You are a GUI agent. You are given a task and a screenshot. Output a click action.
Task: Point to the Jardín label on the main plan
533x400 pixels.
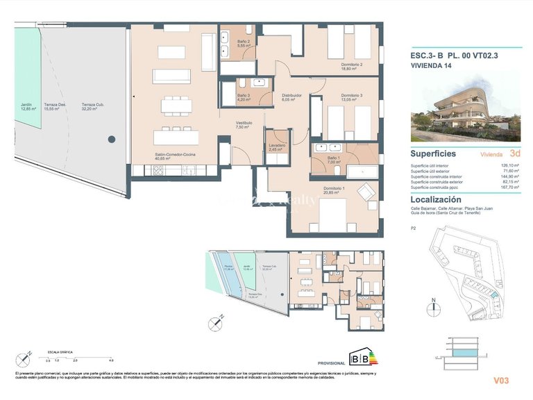click(28, 106)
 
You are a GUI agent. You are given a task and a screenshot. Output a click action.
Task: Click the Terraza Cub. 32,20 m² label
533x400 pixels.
click(93, 106)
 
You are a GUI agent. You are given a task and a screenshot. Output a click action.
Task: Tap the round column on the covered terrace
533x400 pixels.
click(111, 140)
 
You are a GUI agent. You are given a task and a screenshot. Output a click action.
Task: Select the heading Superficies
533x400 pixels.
click(433, 153)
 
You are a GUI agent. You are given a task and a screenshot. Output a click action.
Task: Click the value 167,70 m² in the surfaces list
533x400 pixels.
click(510, 187)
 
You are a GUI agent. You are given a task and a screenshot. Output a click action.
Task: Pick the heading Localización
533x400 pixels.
click(436, 199)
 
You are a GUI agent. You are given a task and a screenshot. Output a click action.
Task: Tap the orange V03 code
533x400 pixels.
click(501, 380)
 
